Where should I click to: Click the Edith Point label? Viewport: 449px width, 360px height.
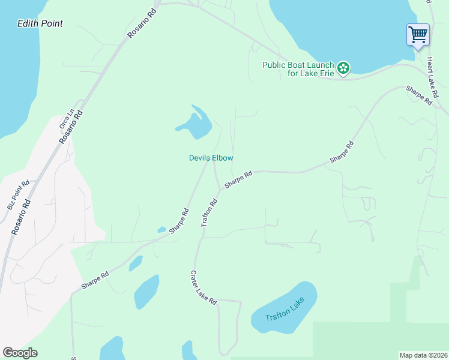[x=40, y=23]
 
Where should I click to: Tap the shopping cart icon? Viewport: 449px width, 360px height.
[x=418, y=34]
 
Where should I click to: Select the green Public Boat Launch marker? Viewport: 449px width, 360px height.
[x=343, y=68]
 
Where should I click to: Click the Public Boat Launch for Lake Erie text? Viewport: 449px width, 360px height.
[x=298, y=69]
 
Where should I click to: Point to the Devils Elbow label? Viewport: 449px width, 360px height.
[x=211, y=158]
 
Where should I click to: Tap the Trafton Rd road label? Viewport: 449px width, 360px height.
[x=209, y=212]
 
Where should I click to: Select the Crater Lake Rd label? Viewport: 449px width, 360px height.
[x=203, y=287]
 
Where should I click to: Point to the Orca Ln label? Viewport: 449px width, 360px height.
[x=65, y=118]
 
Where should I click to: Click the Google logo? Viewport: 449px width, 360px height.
[x=20, y=353]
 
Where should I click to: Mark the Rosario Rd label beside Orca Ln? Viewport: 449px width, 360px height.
[x=70, y=127]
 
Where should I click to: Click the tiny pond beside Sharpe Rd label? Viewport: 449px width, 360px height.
[x=161, y=229]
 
